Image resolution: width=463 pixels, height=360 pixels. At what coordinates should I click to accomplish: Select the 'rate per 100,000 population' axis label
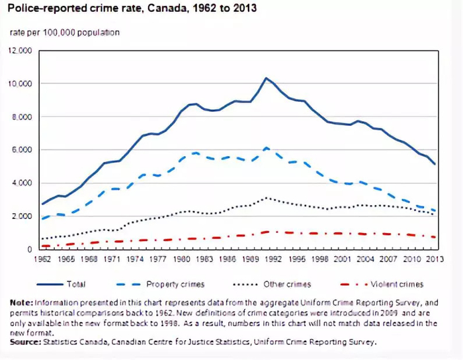point(64,32)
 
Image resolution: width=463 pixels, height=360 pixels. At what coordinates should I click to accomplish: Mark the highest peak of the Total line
point(266,78)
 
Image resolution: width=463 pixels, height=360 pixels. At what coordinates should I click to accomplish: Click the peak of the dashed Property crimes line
point(266,148)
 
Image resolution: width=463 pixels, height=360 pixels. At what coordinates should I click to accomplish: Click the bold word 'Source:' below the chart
point(25,342)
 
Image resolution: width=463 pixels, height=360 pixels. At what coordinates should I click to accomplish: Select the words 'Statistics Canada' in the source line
point(73,342)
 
